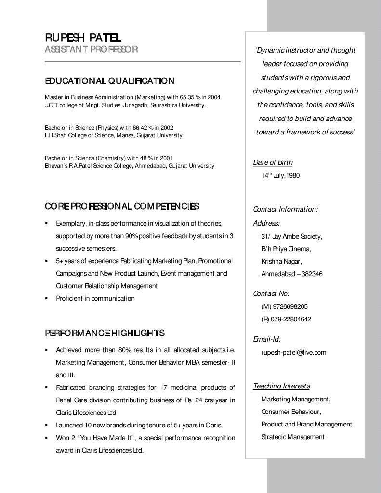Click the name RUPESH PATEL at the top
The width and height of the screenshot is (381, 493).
click(83, 37)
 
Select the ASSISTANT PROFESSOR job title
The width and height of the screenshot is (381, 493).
click(92, 49)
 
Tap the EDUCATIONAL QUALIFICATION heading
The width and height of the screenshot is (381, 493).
click(109, 80)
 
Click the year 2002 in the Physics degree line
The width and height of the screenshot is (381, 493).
click(167, 128)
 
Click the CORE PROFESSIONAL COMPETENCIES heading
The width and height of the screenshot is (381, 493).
click(122, 207)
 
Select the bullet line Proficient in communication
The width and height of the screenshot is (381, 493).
click(95, 298)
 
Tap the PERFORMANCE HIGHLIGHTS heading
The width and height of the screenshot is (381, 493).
click(105, 333)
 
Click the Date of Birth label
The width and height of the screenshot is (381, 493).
click(273, 162)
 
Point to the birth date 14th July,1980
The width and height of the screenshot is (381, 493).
click(280, 176)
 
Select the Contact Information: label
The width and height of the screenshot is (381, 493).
click(285, 209)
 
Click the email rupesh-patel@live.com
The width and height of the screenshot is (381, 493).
click(293, 352)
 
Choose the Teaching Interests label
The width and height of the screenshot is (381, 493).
click(281, 386)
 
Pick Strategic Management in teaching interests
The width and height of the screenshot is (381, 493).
click(292, 437)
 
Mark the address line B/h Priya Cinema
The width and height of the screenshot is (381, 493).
click(286, 249)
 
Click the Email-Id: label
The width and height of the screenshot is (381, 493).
click(266, 339)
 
